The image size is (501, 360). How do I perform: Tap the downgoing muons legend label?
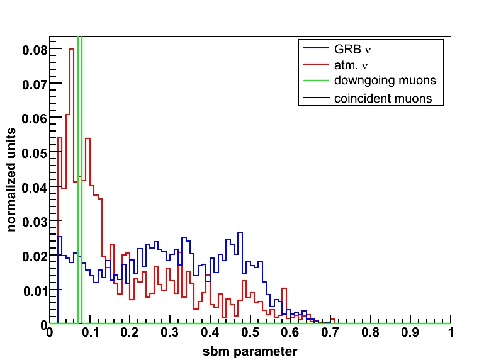coord(385,81)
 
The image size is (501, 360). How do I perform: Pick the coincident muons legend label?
coord(383,98)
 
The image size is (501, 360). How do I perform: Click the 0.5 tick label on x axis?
coord(250,334)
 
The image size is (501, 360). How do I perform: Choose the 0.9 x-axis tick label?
coord(411,334)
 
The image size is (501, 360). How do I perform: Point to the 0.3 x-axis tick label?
coord(170,334)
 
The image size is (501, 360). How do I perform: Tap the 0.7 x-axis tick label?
coord(330,334)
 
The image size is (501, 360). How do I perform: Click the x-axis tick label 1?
coord(451,334)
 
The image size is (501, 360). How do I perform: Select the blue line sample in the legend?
coord(316,48)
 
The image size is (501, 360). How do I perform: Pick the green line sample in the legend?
coord(316,81)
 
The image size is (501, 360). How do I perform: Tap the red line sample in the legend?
coord(316,64)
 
